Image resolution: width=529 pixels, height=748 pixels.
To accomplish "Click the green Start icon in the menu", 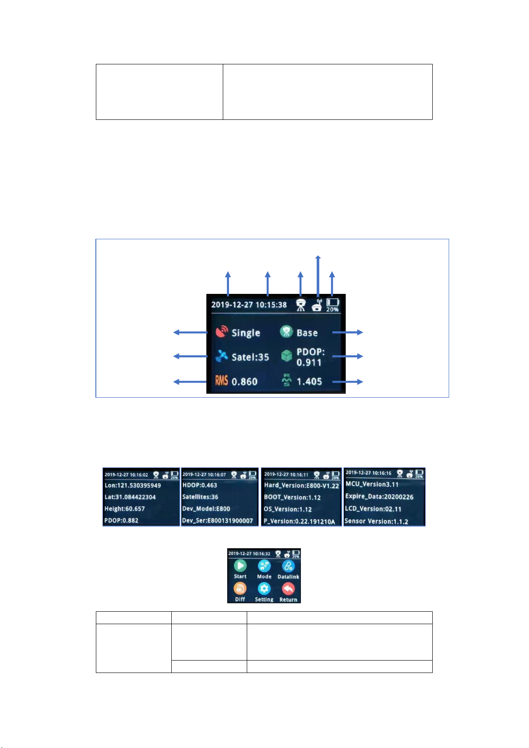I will click(240, 566).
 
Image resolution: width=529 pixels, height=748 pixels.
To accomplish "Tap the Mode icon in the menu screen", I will click(264, 566).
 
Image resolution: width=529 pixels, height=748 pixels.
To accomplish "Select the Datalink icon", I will click(288, 566).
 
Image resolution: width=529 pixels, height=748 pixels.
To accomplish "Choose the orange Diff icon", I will click(240, 589).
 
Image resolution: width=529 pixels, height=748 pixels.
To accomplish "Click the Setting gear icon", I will click(264, 589).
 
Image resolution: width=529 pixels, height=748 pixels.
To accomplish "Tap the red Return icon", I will click(288, 589).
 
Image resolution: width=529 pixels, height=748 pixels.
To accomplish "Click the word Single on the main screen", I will click(246, 333).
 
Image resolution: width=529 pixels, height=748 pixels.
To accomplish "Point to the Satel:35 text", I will click(250, 357).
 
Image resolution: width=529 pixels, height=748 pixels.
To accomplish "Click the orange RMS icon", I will click(221, 381).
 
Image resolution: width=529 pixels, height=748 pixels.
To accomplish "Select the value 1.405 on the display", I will click(309, 381).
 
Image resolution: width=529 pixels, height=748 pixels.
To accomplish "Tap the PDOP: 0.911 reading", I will click(310, 357).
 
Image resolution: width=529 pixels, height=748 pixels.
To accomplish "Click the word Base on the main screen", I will click(307, 333).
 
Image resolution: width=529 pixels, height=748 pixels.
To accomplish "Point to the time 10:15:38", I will click(271, 305).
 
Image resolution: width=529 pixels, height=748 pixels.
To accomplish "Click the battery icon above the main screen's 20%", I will click(333, 302).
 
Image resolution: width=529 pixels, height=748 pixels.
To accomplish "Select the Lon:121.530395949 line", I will click(133, 486).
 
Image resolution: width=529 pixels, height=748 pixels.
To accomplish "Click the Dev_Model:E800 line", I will click(206, 509).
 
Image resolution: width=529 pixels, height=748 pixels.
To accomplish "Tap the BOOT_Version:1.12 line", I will click(292, 498).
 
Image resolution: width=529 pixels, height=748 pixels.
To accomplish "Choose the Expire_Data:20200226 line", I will click(379, 497).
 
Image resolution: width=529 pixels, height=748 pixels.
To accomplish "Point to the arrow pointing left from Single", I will click(190, 332).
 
